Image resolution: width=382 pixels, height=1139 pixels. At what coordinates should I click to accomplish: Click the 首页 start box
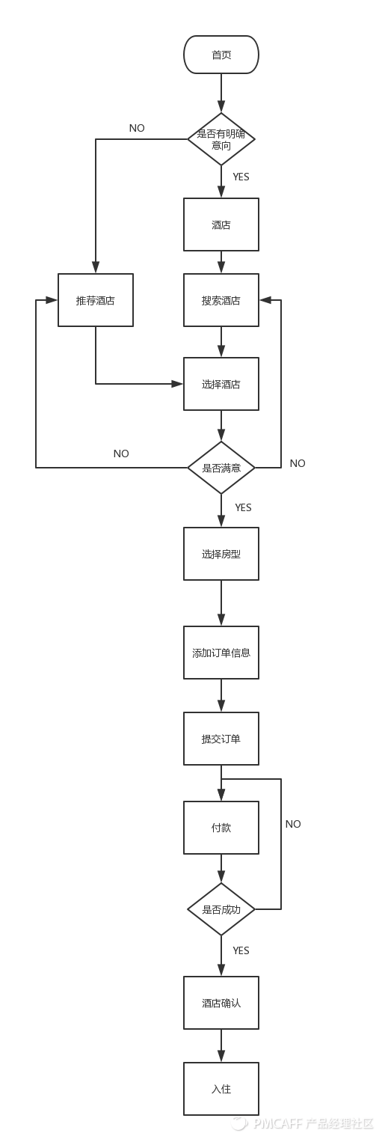pos(221,55)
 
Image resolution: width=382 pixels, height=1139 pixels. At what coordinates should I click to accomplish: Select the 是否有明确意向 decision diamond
pos(221,138)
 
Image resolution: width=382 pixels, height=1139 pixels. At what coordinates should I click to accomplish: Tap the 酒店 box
pos(221,225)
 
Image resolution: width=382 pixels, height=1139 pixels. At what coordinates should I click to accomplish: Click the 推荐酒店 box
pos(96,300)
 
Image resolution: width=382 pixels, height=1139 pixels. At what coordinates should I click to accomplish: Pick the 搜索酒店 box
pos(221,300)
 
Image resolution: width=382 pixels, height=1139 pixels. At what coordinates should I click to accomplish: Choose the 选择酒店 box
pos(221,384)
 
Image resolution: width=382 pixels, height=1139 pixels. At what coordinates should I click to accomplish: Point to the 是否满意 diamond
pos(221,467)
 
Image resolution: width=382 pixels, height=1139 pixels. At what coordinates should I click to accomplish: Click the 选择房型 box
pos(221,554)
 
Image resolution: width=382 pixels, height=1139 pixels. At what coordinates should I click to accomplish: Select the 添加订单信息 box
pos(221,653)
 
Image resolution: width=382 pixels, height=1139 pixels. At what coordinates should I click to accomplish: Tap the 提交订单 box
pos(221,739)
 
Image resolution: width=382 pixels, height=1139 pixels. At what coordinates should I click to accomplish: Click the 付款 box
pos(221,827)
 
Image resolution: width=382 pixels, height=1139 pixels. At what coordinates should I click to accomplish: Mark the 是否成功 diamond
pos(221,909)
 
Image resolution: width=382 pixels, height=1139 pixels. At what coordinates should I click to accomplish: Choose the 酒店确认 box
pos(221,1003)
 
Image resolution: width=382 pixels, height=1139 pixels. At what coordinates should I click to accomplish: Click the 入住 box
pos(221,1089)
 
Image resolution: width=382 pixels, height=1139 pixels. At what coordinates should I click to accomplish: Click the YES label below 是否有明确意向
pos(241,177)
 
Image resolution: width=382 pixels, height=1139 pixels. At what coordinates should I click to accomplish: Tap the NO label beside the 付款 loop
pos(293,824)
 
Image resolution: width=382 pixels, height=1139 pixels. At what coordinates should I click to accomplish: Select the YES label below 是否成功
pos(241,950)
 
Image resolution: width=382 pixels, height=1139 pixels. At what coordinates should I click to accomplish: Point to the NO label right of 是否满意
pos(298,463)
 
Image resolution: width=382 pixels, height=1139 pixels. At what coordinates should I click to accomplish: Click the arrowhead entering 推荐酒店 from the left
pos(52,300)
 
